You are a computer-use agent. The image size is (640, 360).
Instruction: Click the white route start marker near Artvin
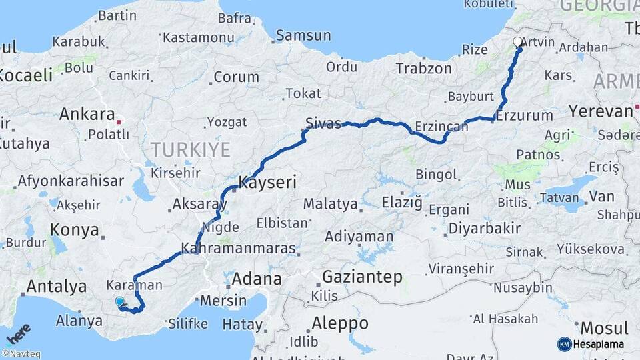coord(518,42)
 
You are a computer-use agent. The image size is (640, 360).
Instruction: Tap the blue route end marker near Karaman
coord(119,301)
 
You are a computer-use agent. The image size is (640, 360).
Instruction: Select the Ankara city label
coord(87,114)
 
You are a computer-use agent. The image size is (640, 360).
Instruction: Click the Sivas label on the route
coord(323,123)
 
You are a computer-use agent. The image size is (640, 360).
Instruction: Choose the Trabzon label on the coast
coord(423,68)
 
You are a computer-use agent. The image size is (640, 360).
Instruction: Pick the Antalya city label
coord(57,287)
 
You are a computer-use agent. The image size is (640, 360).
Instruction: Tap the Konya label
coord(75,231)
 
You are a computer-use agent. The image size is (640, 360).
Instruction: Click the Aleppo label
coord(340,323)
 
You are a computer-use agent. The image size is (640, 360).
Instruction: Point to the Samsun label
coord(303,35)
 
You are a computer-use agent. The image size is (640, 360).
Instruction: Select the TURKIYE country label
coord(190,149)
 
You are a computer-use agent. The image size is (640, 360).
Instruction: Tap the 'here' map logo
coord(18,333)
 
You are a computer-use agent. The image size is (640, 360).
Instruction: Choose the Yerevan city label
coord(600,111)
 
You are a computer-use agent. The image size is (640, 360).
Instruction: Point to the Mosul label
coord(604,328)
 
